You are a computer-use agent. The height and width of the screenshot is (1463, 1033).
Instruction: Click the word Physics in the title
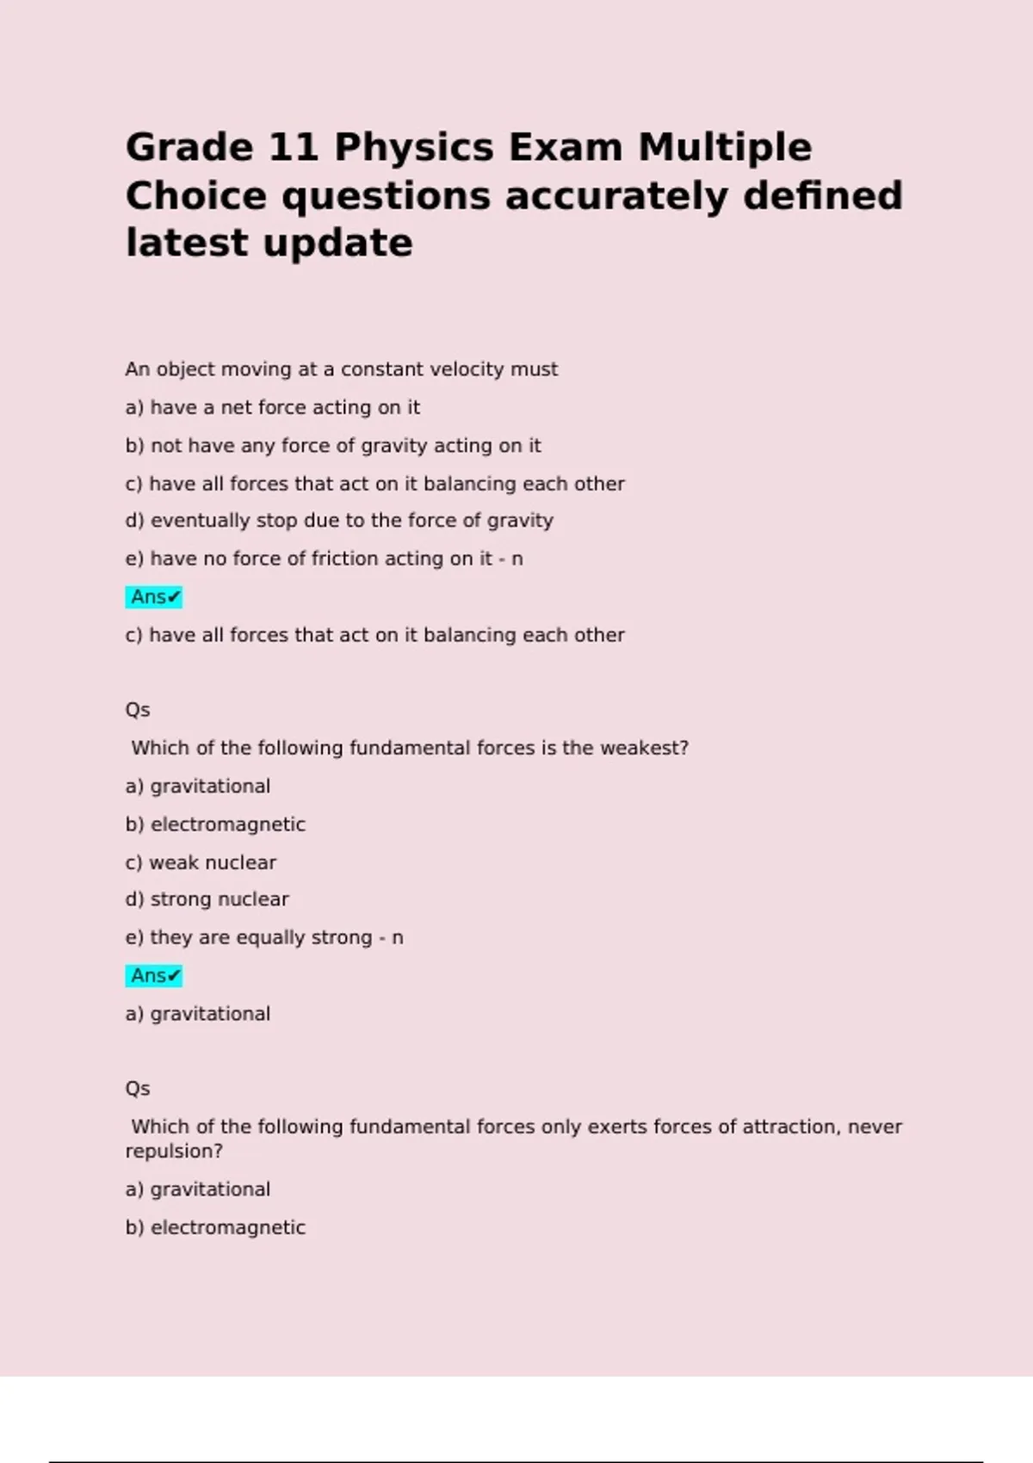(413, 148)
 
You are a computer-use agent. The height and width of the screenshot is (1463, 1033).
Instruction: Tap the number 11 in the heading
(294, 148)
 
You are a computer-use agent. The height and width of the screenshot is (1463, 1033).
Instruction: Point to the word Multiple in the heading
(724, 148)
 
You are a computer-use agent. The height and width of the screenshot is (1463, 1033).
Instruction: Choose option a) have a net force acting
(272, 408)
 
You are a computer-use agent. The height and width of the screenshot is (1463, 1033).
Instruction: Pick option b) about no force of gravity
(332, 446)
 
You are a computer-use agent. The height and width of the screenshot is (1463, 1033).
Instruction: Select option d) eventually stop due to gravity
(338, 521)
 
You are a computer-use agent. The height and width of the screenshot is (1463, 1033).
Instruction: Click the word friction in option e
(344, 559)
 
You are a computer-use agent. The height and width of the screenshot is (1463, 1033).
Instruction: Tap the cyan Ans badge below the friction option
(154, 597)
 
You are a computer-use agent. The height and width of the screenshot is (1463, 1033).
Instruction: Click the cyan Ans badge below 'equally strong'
(154, 976)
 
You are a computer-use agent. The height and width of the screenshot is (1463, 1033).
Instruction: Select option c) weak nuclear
(201, 862)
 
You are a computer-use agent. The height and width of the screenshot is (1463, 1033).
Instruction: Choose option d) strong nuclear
(207, 899)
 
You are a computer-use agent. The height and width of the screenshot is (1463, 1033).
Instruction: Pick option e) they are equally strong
(263, 937)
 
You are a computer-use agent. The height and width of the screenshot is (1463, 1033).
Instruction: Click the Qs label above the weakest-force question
(138, 710)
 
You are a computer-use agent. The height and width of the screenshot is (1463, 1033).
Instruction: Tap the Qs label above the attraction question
(138, 1089)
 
